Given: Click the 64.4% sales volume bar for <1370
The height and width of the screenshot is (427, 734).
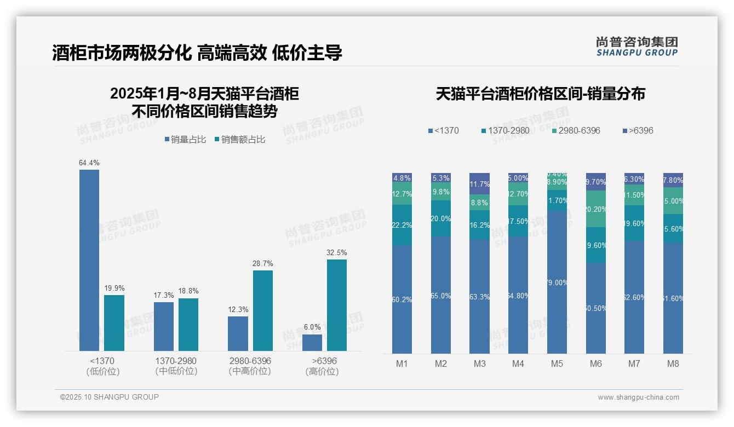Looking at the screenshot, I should (89, 260).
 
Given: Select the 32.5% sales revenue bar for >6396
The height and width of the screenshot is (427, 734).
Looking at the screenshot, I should (337, 305).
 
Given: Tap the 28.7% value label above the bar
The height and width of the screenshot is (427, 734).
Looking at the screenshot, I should (263, 263).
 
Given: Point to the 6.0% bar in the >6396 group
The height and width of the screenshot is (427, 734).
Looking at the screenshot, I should (312, 342).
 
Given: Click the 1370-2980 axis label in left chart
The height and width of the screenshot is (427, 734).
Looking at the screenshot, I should (176, 361).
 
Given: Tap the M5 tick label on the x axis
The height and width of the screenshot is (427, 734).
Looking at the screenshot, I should (557, 363).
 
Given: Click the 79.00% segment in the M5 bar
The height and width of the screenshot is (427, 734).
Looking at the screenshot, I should (557, 282).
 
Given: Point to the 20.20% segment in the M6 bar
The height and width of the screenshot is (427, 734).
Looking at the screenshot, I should (596, 209).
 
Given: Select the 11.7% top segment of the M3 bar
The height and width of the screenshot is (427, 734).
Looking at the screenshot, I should (479, 183).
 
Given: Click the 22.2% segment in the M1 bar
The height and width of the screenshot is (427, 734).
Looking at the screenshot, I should (402, 225).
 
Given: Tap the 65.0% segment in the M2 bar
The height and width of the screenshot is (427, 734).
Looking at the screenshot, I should (441, 295).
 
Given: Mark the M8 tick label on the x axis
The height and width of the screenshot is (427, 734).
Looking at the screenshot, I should (673, 363).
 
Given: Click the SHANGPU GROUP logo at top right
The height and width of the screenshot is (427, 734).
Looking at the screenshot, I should (636, 47).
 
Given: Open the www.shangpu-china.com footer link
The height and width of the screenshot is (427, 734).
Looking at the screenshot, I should (638, 397).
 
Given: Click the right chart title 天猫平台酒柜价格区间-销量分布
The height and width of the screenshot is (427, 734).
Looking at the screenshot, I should (540, 94).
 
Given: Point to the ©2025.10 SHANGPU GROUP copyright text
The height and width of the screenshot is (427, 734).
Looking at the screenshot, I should (110, 397).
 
